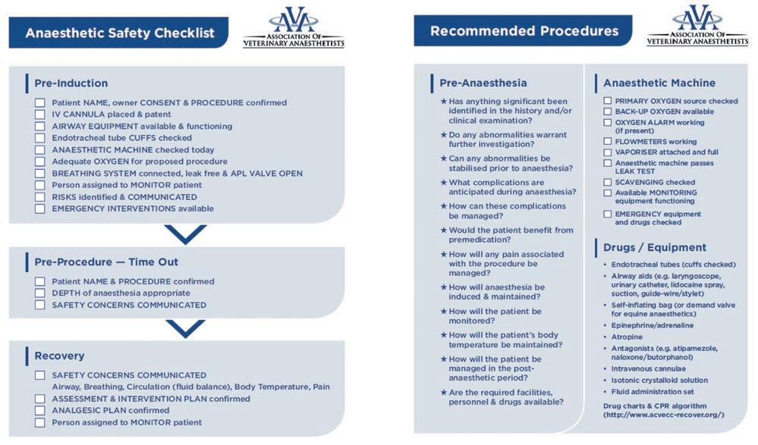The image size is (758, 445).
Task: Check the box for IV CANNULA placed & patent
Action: [x=39, y=114]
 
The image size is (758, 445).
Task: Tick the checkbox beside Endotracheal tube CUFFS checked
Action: [x=39, y=138]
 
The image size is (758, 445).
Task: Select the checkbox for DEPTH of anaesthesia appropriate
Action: [x=39, y=293]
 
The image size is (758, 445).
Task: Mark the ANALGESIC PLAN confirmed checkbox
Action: [x=39, y=411]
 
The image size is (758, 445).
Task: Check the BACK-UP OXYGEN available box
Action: [x=608, y=111]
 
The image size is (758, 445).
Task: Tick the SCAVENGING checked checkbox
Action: [x=608, y=182]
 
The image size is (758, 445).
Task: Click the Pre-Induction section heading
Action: [x=71, y=83]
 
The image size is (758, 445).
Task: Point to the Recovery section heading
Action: [x=59, y=356]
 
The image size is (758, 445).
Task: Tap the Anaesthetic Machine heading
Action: [x=659, y=83]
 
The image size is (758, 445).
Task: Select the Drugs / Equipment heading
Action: [x=654, y=247]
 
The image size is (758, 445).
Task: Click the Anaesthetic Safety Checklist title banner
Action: [x=119, y=33]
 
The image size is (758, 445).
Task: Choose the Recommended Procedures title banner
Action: [x=524, y=32]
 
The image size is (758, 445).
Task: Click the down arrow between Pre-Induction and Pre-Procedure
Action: [x=185, y=233]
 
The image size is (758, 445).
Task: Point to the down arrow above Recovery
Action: [x=185, y=327]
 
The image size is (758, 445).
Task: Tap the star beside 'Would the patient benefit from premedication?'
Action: [x=444, y=230]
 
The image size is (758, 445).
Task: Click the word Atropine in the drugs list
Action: [x=627, y=337]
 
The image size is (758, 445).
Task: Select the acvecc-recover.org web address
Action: [x=664, y=415]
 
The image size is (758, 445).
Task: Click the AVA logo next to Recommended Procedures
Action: [x=697, y=27]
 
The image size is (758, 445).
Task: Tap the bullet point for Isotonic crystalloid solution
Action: [x=605, y=381]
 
